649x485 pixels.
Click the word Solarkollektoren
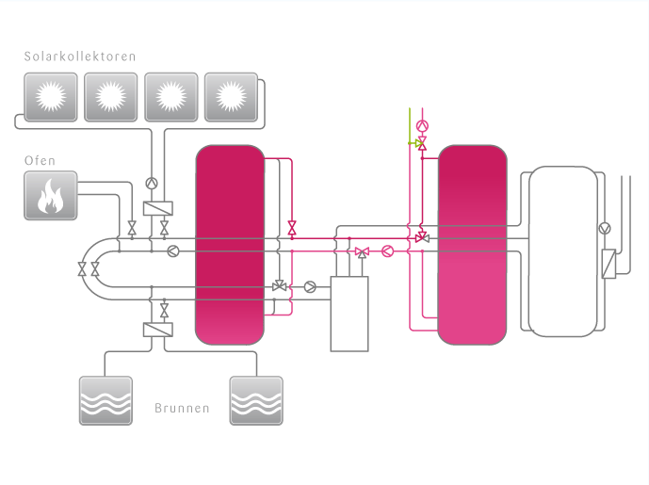pos(80,57)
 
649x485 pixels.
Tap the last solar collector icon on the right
pos(231,97)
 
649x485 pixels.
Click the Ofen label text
pos(40,161)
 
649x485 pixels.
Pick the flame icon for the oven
pos(50,197)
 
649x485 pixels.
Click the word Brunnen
pos(181,410)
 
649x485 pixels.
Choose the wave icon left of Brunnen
pos(105,401)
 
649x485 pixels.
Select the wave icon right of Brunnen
pos(256,401)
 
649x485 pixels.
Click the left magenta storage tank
pos(230,245)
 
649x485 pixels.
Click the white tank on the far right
pos(562,251)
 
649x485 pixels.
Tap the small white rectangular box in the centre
pos(349,314)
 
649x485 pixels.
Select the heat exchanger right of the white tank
pos(608,263)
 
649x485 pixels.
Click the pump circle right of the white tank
pos(605,229)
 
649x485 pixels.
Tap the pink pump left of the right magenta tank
pos(387,251)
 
